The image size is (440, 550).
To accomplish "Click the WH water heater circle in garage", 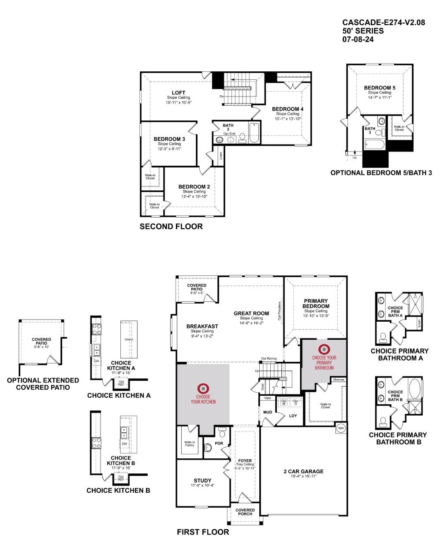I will pos(341,428).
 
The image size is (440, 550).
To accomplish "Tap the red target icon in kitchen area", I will pos(203,388).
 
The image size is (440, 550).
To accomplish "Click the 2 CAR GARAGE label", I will pos(303,471).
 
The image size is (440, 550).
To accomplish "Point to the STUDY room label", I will pos(202,480).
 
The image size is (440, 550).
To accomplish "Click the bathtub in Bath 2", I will pos(254,133).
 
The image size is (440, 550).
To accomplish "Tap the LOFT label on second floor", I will pos(178,93).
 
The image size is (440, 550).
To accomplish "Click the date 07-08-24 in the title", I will pos(358,39).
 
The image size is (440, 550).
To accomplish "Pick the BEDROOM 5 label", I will pos(380,88).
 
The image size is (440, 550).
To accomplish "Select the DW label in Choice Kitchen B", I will pos(124,443).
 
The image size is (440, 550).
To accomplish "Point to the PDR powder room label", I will pos(219,443).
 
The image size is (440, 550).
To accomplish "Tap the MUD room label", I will pos(267,412).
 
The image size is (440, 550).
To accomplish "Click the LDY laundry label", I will pos(293,416).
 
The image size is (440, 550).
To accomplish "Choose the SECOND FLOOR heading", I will pos(171,227).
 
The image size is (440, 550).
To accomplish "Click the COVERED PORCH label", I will pos(245,512).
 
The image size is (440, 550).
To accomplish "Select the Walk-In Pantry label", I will pos(190,444).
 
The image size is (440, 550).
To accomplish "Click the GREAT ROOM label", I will pos(251,313).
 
